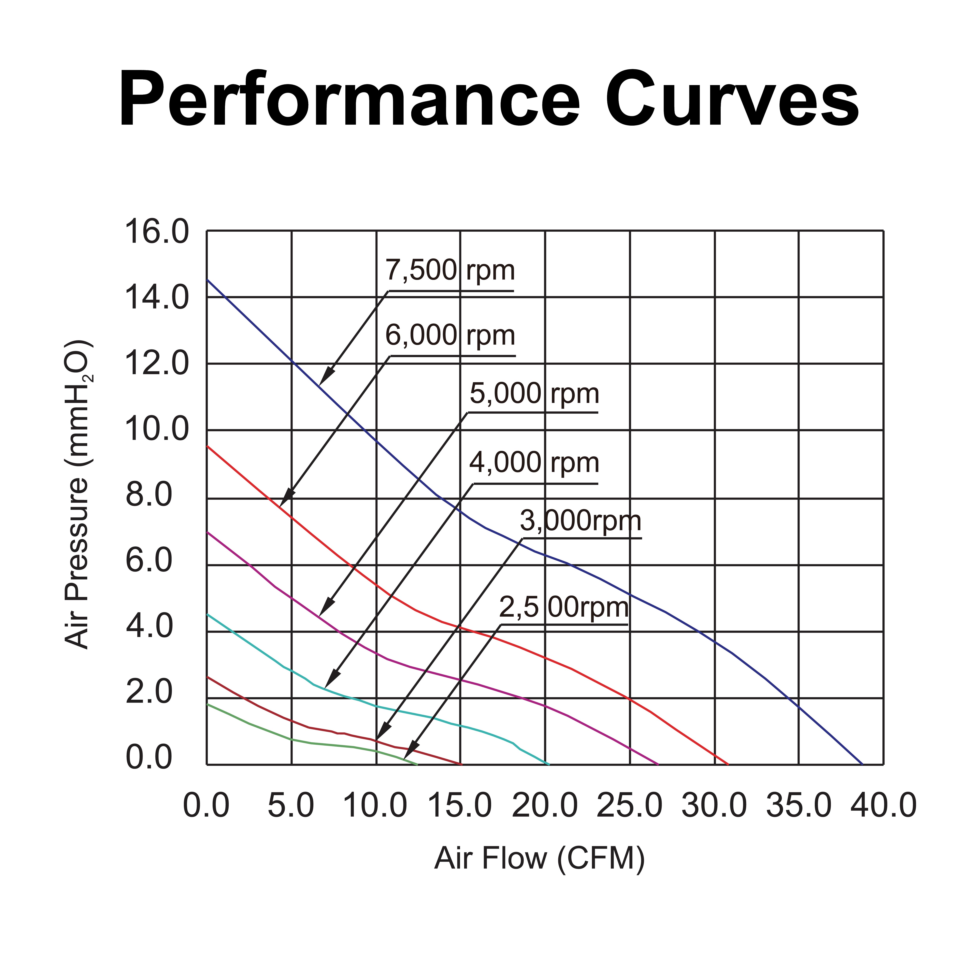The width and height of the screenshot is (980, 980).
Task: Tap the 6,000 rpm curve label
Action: (450, 336)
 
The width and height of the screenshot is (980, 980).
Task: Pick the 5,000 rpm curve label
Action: (534, 394)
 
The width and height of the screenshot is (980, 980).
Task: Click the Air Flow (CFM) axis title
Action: (539, 858)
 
